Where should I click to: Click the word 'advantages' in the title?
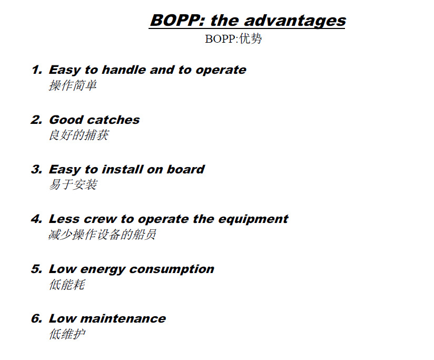point(295,21)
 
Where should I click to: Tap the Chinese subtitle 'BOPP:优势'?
point(233,39)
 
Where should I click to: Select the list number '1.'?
point(37,70)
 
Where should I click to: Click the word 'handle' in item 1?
point(124,70)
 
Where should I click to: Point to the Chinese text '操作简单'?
point(73,85)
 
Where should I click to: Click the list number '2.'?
point(37,120)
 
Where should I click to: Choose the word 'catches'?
point(113,120)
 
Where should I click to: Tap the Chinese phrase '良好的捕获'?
point(79,135)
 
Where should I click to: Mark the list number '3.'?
point(37,170)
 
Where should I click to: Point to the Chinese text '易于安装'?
point(73,184)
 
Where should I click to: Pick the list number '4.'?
point(37,219)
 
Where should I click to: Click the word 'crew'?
point(100,219)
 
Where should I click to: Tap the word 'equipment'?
point(253,219)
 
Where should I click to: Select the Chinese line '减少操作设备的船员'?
point(102,235)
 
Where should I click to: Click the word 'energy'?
point(103,269)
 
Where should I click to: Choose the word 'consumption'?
point(172,269)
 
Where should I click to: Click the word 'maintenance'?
point(123,319)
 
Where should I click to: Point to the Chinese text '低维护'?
point(67,334)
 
